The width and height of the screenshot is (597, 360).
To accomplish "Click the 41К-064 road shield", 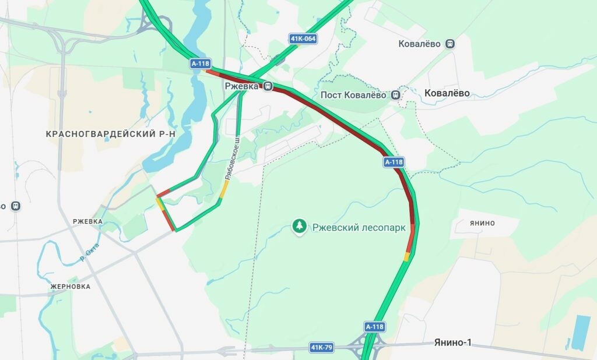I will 303,39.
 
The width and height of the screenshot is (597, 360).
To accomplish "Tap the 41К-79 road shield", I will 321,348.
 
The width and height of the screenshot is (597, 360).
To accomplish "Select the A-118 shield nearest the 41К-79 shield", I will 374,327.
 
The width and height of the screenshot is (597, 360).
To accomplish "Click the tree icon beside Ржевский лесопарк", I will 300,226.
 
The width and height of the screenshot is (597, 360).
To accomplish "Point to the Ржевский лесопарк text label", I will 358,228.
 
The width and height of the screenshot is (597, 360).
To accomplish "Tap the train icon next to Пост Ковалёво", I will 396,94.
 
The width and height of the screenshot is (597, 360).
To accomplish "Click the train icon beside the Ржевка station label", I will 268,86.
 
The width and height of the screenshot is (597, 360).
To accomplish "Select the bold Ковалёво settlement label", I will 447,93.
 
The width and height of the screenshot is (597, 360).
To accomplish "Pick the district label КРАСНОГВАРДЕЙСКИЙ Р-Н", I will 111,134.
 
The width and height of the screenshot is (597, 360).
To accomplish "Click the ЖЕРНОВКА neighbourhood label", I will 70,287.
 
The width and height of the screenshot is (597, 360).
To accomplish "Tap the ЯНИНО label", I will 482,223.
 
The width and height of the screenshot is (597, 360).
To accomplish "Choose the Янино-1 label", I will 452,343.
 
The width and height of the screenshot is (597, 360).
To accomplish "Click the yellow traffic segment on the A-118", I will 407,256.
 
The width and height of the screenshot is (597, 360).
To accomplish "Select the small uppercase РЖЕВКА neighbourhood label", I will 87,221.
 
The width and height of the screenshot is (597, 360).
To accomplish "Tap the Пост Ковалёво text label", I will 354,95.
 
